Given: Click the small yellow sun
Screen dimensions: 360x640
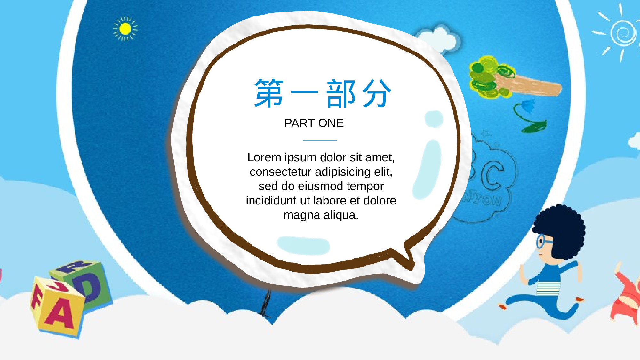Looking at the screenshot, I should tap(125, 29).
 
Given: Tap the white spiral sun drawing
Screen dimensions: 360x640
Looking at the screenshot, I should tap(622, 33).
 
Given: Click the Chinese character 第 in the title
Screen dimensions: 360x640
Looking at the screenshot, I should tap(269, 93).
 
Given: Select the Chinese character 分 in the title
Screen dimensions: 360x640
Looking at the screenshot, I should tap(377, 93).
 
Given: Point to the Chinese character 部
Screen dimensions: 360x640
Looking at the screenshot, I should tap(341, 93).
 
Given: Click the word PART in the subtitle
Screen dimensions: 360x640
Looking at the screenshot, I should tap(299, 123).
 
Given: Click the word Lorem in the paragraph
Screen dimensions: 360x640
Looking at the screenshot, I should tap(264, 157).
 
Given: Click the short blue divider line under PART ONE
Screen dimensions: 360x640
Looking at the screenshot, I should tap(320, 140).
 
